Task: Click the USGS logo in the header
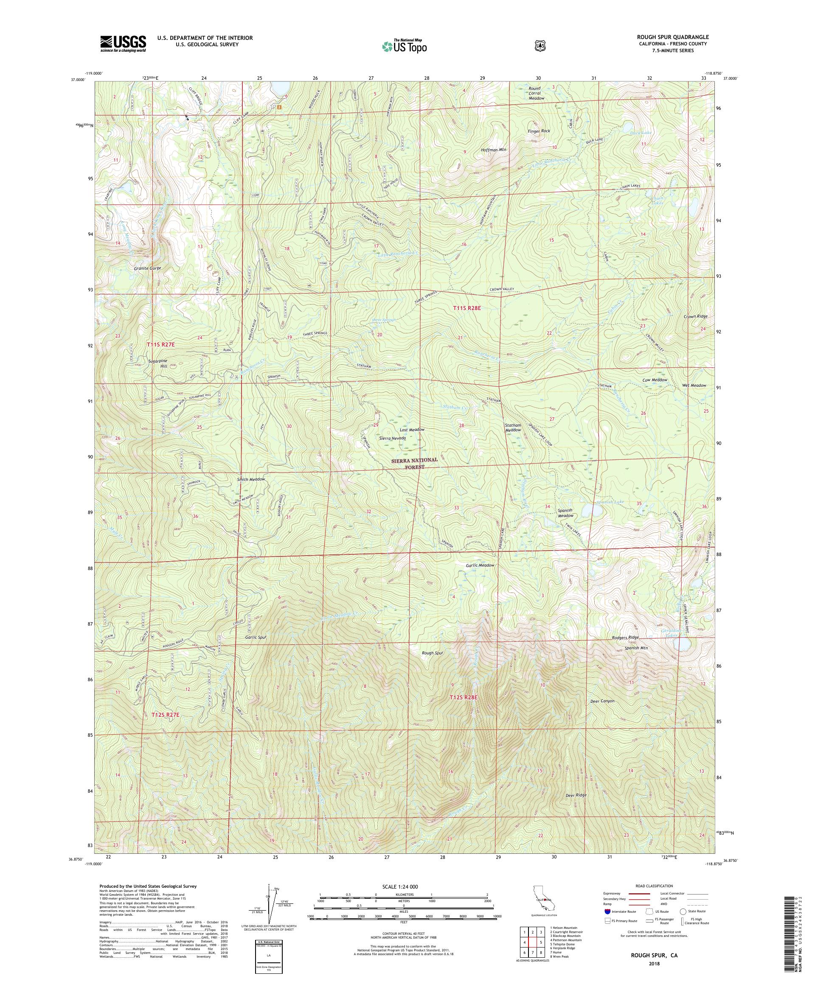coord(123,44)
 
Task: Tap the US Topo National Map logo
coord(404,46)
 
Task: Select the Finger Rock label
coord(538,131)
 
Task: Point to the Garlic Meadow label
coord(480,565)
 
